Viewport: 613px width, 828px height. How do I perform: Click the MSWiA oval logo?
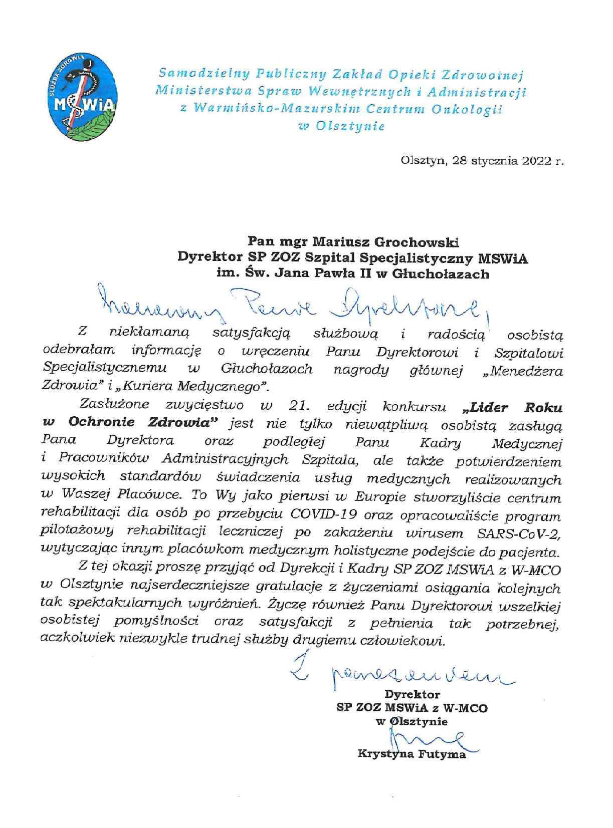click(x=85, y=97)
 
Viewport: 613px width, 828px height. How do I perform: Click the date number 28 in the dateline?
click(x=460, y=161)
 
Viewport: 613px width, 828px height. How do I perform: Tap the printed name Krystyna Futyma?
click(x=412, y=754)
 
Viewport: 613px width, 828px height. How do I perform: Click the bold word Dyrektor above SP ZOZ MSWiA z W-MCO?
click(x=412, y=694)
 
